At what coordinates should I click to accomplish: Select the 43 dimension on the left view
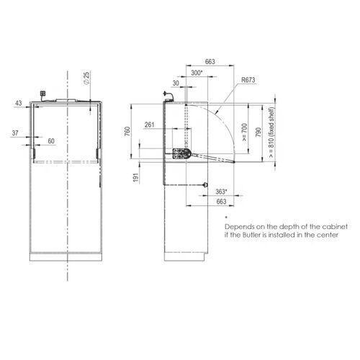coord(17,104)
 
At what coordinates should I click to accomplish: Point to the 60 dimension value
coord(50,141)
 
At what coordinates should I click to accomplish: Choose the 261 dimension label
coord(150,125)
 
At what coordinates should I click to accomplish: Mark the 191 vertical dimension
coord(135,178)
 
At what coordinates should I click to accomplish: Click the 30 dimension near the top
coord(176,83)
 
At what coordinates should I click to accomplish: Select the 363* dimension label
coord(222,192)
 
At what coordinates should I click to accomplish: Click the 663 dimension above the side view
coord(210,63)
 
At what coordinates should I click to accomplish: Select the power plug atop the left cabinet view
coord(45,94)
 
